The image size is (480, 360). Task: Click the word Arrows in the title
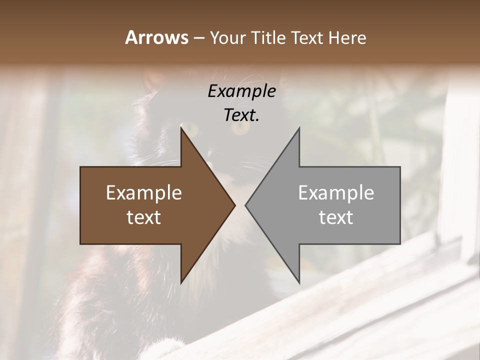coord(156,37)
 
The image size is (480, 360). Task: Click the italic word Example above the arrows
coord(241,91)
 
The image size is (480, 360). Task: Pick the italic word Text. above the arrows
coord(241,115)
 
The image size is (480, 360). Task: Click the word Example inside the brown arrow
coord(144,192)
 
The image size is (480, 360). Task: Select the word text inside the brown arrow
coord(144,217)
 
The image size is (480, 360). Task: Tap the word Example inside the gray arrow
coord(336,192)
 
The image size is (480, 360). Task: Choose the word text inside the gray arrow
coord(336,217)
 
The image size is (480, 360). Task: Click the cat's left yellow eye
coord(192,131)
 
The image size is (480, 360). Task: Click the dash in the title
coord(198,38)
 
